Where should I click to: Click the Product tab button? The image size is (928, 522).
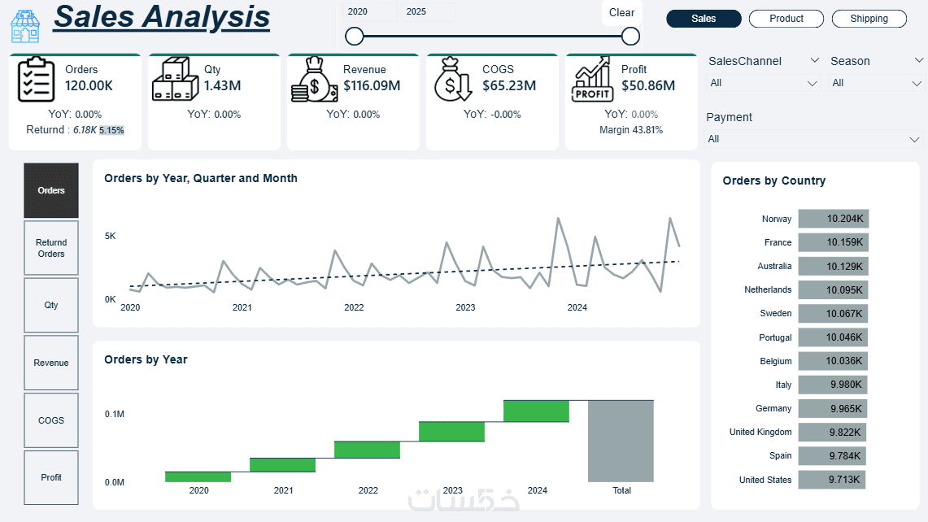point(786,19)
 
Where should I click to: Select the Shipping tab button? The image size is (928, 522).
point(869,19)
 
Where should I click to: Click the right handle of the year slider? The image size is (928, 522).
point(630,36)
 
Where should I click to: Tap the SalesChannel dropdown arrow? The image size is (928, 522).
point(814,61)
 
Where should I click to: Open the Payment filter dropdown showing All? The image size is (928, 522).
point(814,139)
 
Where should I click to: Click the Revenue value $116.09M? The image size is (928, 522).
point(372,85)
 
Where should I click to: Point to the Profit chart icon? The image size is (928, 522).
point(592,79)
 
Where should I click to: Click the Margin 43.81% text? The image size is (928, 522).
point(631,130)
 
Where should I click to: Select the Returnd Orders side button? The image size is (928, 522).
point(51,248)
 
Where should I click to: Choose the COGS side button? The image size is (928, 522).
point(51,420)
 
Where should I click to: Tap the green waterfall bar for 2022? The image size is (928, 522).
point(368,450)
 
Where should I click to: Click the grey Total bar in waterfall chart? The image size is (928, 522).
point(621,441)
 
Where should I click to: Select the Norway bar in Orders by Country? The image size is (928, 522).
point(833,219)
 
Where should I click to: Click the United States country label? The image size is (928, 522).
point(765,480)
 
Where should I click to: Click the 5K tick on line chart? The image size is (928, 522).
point(110,237)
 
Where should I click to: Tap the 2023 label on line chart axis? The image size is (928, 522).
point(465,308)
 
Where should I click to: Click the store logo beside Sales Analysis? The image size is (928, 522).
point(25,25)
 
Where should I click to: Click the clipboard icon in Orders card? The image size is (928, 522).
point(36,80)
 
